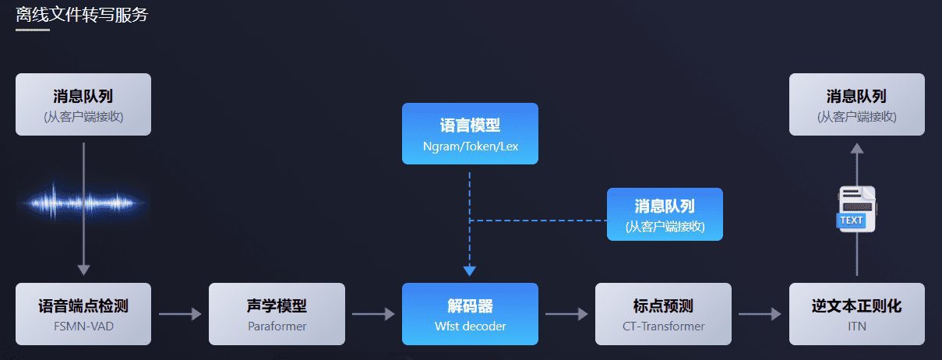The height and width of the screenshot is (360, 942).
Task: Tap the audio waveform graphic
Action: coord(83,203)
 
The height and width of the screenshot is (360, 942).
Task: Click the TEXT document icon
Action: coord(856,209)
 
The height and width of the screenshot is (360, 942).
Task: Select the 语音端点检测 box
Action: coord(83,313)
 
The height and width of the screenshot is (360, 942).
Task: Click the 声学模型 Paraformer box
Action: coord(277,313)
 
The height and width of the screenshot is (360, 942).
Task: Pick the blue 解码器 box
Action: coord(470,313)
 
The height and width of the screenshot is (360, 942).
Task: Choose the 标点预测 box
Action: coord(663,313)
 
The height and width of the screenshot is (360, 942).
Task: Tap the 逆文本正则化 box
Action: coord(856,313)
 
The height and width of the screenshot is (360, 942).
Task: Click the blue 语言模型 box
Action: coord(470,133)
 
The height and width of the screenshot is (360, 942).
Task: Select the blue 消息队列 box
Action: coord(665,214)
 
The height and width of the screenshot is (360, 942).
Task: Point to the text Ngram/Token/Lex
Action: coord(470,146)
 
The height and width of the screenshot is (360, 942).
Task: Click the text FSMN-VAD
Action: coord(83,326)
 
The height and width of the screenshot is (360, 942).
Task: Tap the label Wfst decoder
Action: coord(470,326)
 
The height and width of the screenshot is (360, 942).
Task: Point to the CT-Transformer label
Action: coord(663,326)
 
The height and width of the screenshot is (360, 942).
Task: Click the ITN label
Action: coord(856,326)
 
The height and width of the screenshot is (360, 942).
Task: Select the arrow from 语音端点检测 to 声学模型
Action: coord(180,314)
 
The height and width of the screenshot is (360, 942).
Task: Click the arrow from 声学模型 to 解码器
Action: coord(373,314)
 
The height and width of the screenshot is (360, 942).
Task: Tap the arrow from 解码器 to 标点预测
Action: coord(566,314)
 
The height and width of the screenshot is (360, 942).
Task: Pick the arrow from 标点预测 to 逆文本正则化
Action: coord(760,314)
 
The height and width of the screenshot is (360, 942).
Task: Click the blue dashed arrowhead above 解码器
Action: coord(470,270)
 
